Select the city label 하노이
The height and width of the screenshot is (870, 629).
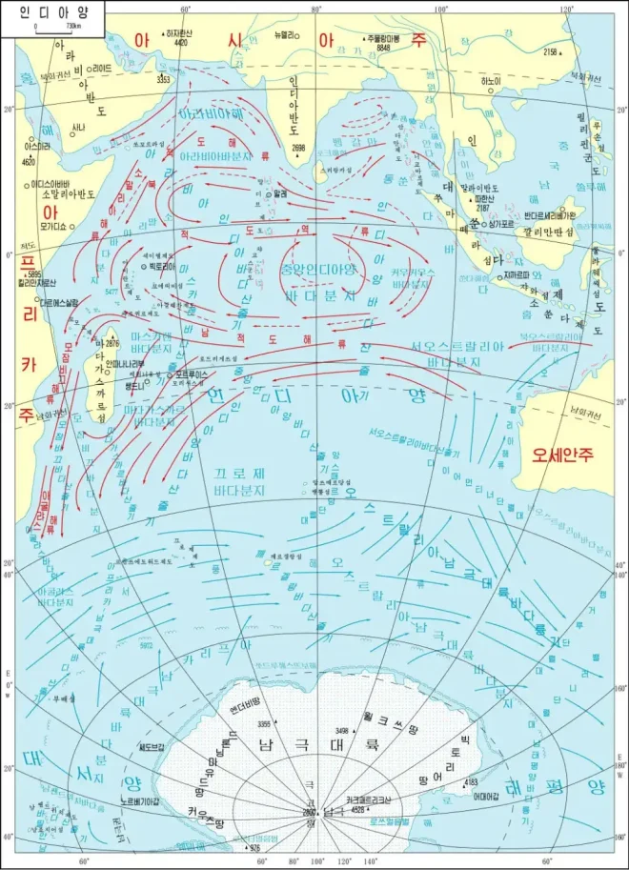(x=489, y=81)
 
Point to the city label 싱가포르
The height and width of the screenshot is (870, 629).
(x=502, y=221)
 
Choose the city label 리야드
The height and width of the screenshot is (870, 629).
(x=101, y=69)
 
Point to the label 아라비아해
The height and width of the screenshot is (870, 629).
(x=211, y=112)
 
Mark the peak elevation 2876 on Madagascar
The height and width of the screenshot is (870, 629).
(x=112, y=343)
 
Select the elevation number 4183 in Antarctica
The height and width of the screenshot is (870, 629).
(x=470, y=782)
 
